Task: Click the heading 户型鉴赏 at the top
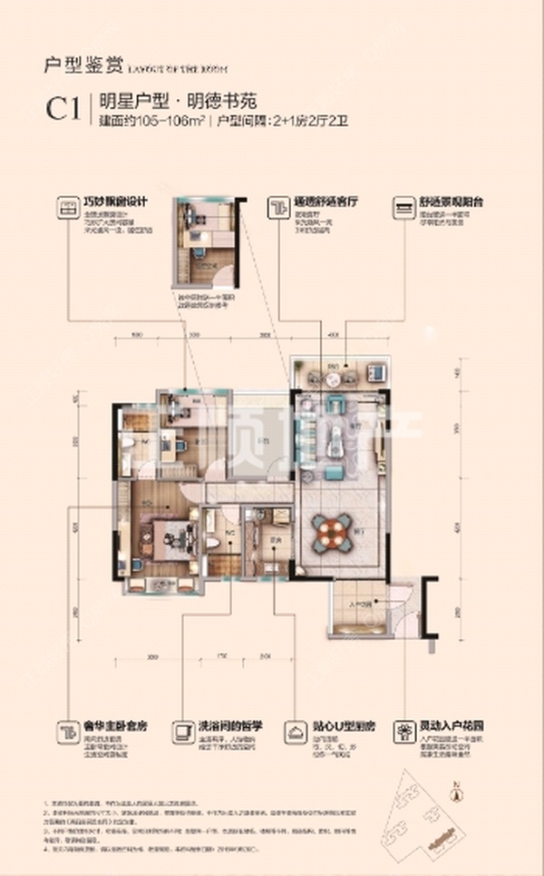click(70, 64)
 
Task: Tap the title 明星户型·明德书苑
click(154, 102)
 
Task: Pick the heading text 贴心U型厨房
click(344, 727)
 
